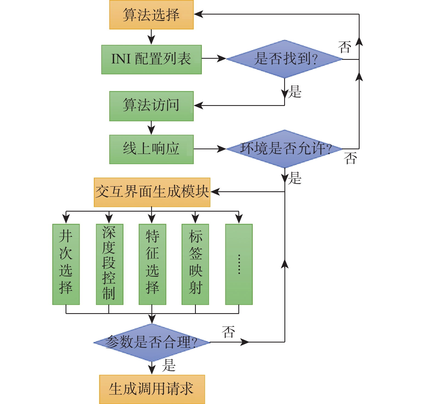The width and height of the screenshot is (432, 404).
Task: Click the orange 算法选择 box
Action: click(x=151, y=15)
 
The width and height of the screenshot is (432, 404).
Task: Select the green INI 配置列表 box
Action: click(x=151, y=60)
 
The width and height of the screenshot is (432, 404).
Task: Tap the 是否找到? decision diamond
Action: click(x=285, y=59)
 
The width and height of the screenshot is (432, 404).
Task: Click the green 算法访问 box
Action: click(x=151, y=106)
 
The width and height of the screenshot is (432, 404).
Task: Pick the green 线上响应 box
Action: click(x=151, y=149)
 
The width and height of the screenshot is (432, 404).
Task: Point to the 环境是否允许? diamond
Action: click(x=285, y=149)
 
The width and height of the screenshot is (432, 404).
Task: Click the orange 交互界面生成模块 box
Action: click(x=152, y=192)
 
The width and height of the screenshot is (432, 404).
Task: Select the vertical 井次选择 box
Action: click(x=66, y=264)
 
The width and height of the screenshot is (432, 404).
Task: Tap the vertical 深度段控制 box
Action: click(x=109, y=264)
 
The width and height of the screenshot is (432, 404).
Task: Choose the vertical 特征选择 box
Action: click(x=152, y=264)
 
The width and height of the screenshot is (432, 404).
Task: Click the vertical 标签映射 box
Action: click(x=195, y=264)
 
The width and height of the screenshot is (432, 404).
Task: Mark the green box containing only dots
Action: click(x=239, y=264)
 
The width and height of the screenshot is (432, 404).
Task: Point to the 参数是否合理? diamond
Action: click(x=152, y=342)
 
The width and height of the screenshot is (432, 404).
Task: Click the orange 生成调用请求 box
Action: click(x=152, y=389)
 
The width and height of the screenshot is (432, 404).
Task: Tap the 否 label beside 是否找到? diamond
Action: click(x=345, y=47)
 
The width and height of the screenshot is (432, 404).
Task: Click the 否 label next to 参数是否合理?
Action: click(x=228, y=332)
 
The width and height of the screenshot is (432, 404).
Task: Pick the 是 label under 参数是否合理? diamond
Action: click(x=169, y=365)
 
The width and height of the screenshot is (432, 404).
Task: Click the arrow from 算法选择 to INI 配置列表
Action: click(x=151, y=37)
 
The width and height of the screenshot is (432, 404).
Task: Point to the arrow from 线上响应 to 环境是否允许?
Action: click(x=210, y=149)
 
